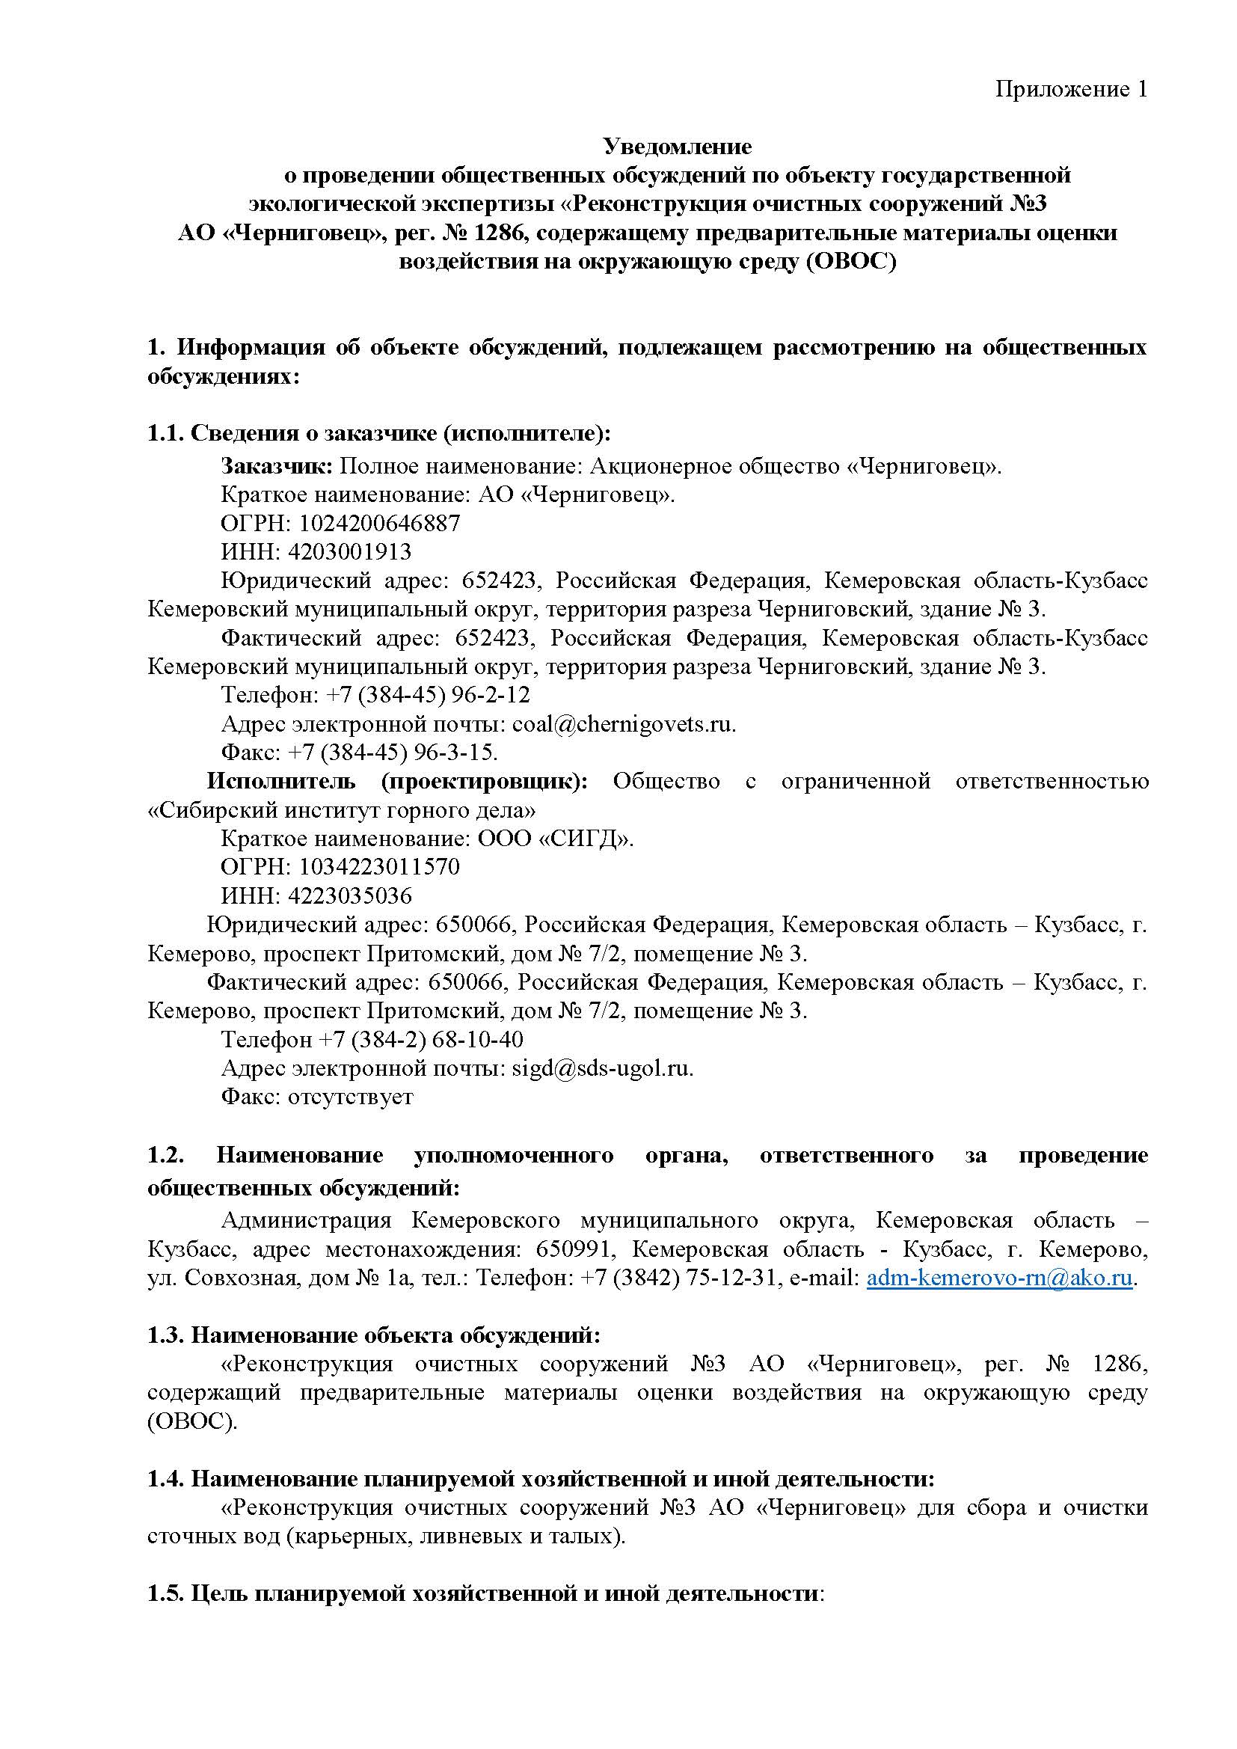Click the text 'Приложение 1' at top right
tap(1070, 90)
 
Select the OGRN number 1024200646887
tap(379, 524)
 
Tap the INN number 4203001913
tap(356, 551)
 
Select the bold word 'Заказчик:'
tap(277, 466)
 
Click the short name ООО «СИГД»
tap(555, 839)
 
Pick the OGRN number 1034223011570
tap(379, 867)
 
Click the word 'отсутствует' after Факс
tap(350, 1097)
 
